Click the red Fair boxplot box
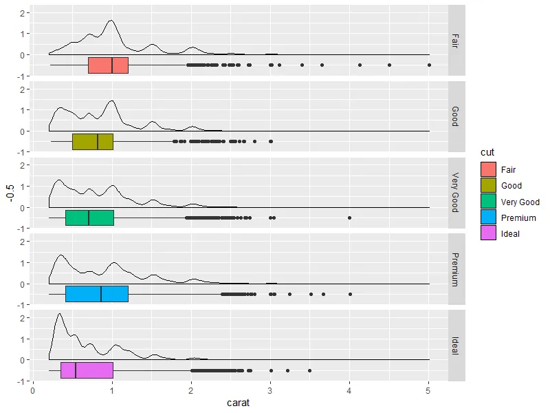pyautogui.click(x=109, y=65)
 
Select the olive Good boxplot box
pyautogui.click(x=93, y=141)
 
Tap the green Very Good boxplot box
pyautogui.click(x=89, y=218)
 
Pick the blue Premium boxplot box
pyautogui.click(x=97, y=294)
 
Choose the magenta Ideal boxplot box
pyautogui.click(x=87, y=370)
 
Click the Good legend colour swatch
pyautogui.click(x=488, y=185)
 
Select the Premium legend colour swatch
pyautogui.click(x=488, y=218)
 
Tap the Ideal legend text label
pyautogui.click(x=511, y=234)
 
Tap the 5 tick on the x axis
pyautogui.click(x=429, y=390)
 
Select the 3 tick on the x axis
pyautogui.click(x=270, y=390)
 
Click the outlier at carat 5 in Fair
pyautogui.click(x=429, y=65)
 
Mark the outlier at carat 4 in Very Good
pyautogui.click(x=350, y=218)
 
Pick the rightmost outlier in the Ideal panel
pyautogui.click(x=310, y=370)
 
